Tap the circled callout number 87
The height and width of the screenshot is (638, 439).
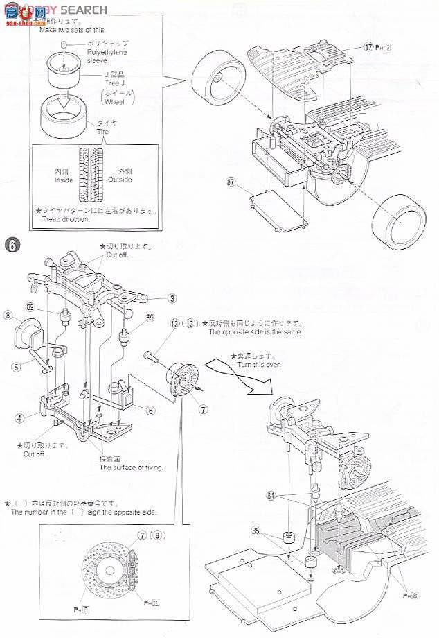pyautogui.click(x=231, y=182)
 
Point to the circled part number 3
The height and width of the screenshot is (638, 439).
pyautogui.click(x=171, y=299)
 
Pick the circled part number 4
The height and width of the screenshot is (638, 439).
pyautogui.click(x=20, y=417)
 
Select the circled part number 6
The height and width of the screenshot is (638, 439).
pyautogui.click(x=150, y=410)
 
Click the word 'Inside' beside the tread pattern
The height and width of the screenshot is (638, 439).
pyautogui.click(x=64, y=180)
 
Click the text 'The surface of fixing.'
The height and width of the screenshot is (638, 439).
pyautogui.click(x=131, y=467)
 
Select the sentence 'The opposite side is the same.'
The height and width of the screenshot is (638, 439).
pyautogui.click(x=253, y=332)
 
